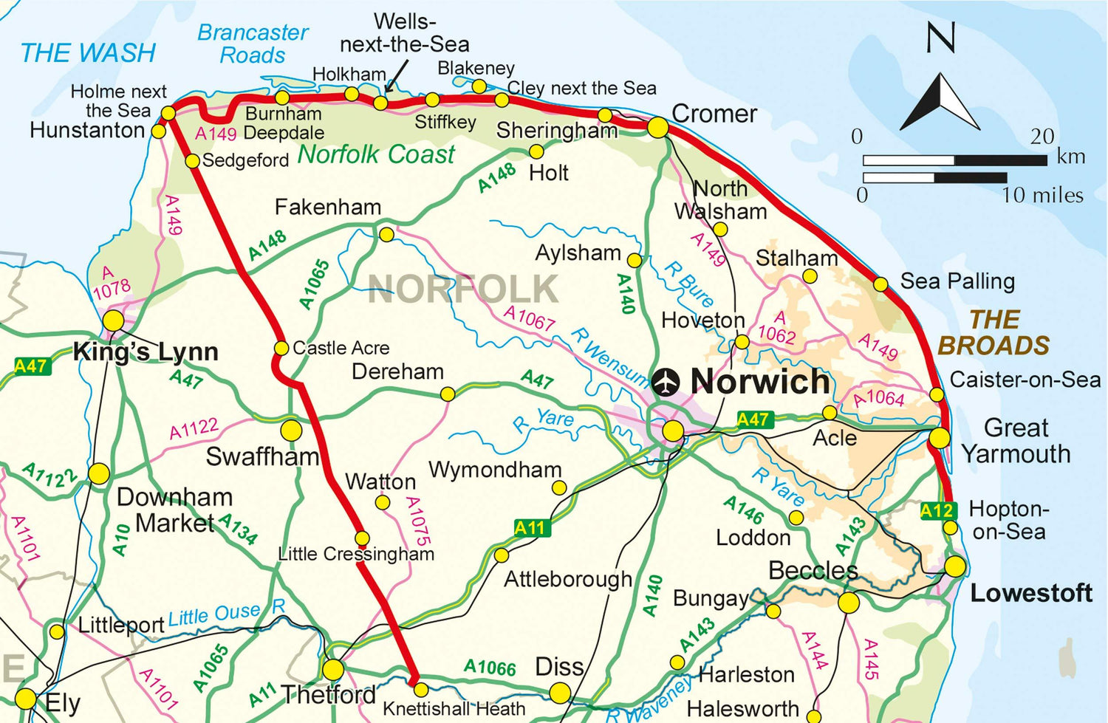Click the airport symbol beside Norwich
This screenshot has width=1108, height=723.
[x=666, y=382]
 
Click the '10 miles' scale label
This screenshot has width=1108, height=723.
[x=1042, y=195]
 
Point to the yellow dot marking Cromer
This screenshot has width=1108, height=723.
[x=657, y=128]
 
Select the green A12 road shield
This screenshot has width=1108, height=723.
[x=937, y=510]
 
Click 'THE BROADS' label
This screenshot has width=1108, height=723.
[x=994, y=332]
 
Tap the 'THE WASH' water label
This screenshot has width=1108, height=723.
[x=88, y=53]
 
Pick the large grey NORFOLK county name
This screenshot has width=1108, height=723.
[x=463, y=289]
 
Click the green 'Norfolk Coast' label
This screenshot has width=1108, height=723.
[x=376, y=154]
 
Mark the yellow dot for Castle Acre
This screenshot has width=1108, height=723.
[x=281, y=348]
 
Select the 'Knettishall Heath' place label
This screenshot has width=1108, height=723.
[x=454, y=709]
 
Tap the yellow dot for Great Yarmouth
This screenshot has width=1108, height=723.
[x=939, y=438]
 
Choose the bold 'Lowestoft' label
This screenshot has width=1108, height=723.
[x=1030, y=593]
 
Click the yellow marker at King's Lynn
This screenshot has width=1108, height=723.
[x=113, y=321]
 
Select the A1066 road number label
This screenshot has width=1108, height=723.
[x=490, y=668]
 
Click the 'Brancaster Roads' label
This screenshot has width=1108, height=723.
[x=253, y=44]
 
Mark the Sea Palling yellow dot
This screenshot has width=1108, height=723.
[x=880, y=284]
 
